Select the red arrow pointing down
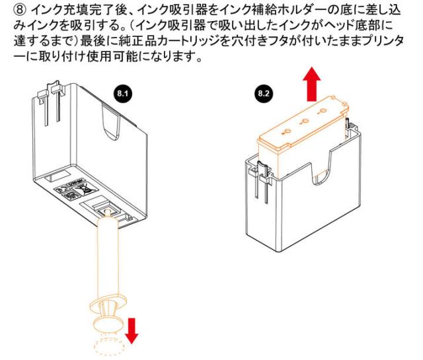point(133,330)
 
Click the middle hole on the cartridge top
point(305,123)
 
